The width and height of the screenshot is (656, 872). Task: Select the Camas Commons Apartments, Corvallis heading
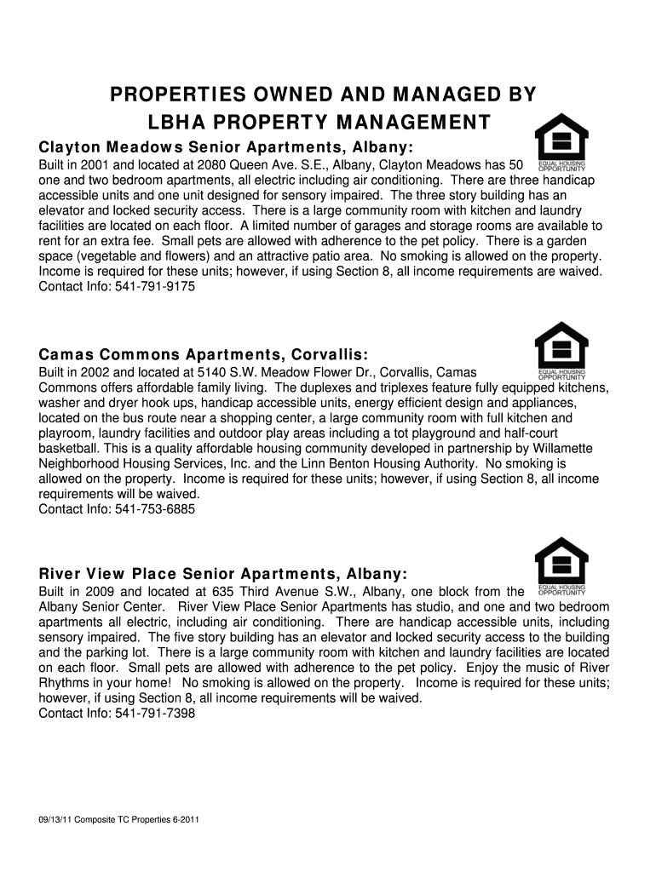point(204,354)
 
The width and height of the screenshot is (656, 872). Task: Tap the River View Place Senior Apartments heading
point(223,573)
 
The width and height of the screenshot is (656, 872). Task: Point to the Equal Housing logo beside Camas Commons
point(561,350)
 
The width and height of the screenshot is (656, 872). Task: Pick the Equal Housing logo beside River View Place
point(561,565)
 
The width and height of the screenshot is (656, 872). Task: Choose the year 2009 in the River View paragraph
point(101,592)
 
